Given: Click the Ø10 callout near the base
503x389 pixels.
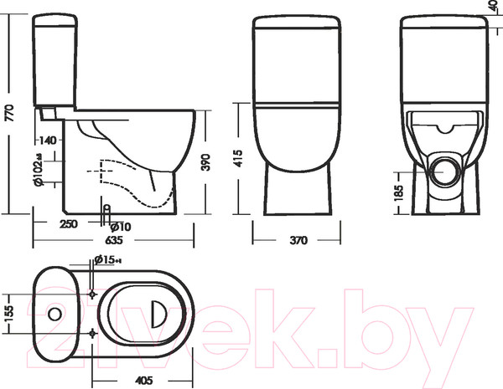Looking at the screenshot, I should pyautogui.click(x=122, y=226).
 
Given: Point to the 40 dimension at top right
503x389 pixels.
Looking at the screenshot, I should pyautogui.click(x=495, y=8).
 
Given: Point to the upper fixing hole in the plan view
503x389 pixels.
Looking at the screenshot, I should pyautogui.click(x=92, y=293).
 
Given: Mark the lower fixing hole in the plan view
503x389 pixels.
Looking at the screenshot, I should pyautogui.click(x=92, y=333).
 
